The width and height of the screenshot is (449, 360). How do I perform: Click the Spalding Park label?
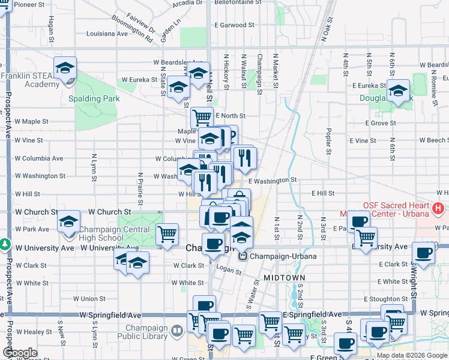(94, 99)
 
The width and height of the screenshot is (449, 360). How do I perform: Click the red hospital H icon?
(439, 209)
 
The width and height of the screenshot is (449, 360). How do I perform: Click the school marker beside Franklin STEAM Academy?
(65, 69)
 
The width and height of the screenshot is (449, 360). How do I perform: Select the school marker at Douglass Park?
(398, 91)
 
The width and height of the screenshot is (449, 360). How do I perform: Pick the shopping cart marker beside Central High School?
(167, 233)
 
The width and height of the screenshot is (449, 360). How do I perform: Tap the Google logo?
(20, 353)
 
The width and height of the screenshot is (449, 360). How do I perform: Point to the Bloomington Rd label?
(132, 32)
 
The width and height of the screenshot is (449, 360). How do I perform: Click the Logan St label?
(229, 271)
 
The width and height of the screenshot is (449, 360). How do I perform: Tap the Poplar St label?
(329, 140)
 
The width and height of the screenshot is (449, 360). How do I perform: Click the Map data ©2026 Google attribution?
(412, 355)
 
